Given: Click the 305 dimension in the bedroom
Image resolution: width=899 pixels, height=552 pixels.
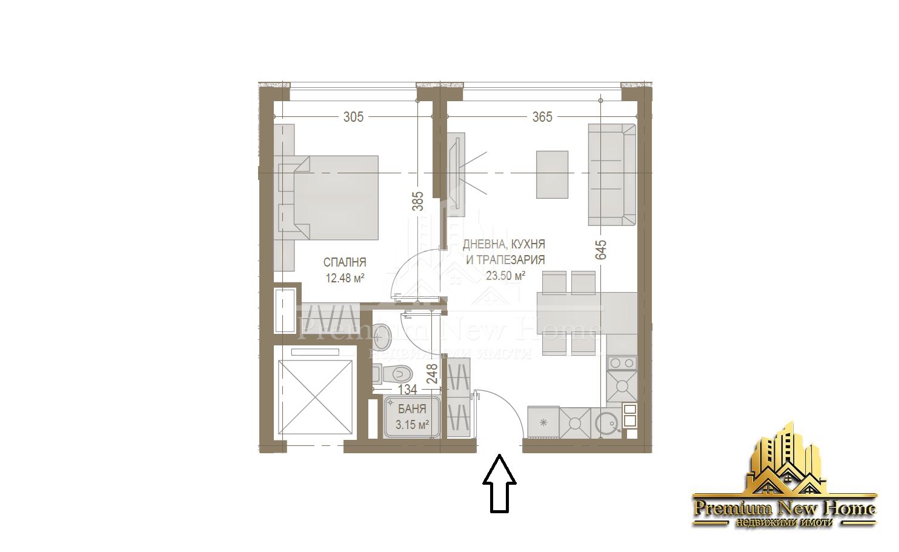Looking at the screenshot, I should (353, 116).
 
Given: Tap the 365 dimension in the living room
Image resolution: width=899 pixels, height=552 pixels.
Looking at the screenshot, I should (542, 116).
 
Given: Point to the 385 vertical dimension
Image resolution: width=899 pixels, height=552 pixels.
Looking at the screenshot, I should (417, 201).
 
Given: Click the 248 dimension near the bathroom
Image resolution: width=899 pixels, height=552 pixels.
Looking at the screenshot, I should (432, 374).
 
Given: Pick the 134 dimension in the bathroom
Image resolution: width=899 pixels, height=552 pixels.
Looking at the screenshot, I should (407, 390).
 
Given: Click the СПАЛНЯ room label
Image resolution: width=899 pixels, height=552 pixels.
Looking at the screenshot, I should (345, 262).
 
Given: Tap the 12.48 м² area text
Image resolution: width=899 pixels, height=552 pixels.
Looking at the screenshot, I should (345, 278).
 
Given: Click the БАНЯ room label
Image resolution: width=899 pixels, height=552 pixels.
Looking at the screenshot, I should (412, 409).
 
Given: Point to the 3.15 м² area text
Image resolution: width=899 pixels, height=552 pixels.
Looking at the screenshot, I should (412, 424).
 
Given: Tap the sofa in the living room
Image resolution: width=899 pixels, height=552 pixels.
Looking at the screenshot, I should (611, 175).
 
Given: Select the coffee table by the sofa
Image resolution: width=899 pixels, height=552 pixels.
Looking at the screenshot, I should (552, 175).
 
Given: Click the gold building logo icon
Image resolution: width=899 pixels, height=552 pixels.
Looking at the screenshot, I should (784, 461).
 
